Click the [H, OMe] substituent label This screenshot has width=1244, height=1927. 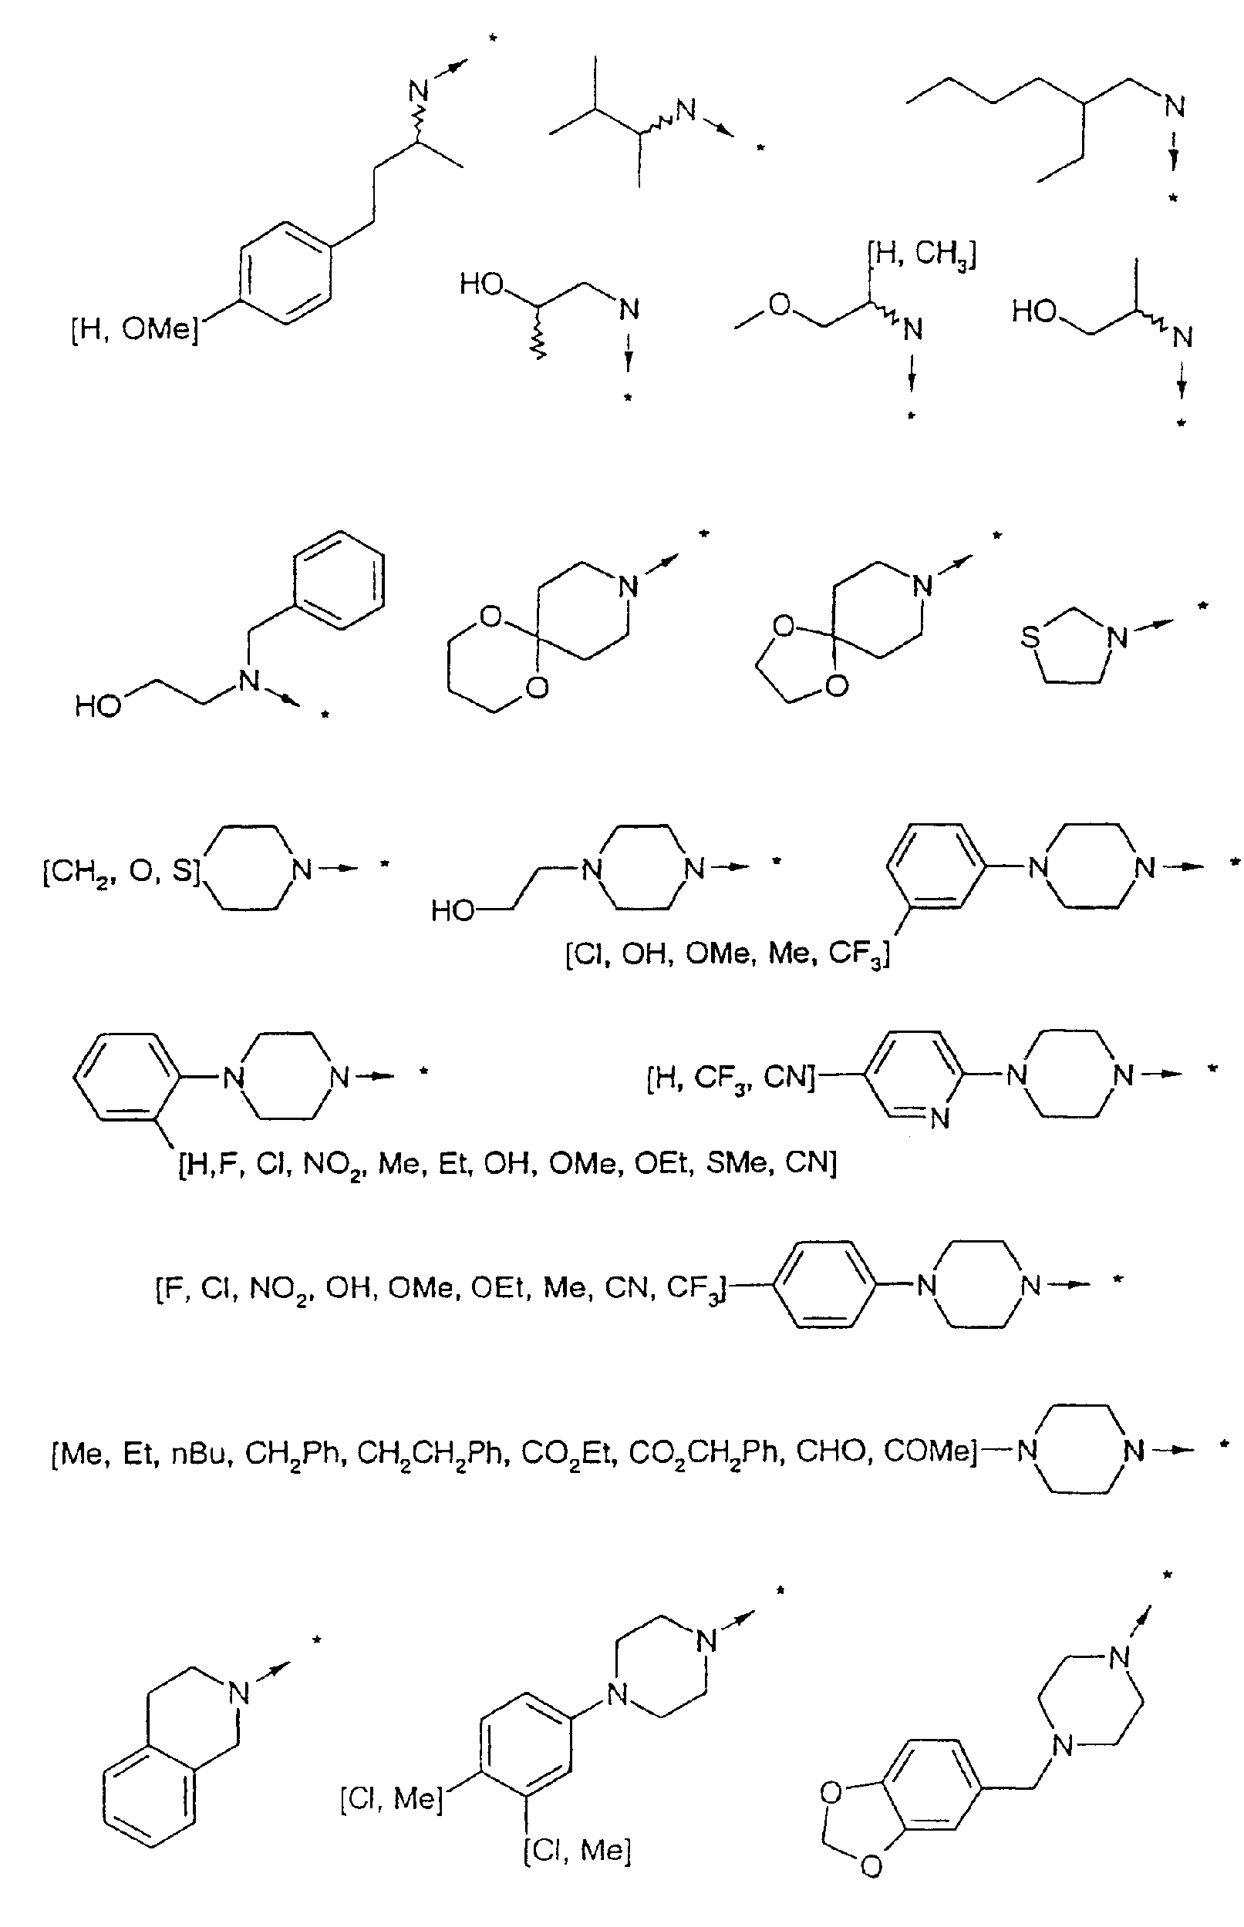point(135,330)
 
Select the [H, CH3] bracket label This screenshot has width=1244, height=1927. point(922,255)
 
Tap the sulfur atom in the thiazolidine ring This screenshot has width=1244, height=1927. point(1030,637)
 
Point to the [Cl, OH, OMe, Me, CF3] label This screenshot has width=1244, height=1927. point(728,955)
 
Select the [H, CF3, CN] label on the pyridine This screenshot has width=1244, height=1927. point(732,1078)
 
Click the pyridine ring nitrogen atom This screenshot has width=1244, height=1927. point(939,1119)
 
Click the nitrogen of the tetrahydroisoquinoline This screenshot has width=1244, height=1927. point(238,1693)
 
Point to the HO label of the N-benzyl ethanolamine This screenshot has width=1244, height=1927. point(98,706)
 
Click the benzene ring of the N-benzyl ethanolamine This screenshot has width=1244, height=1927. point(339,579)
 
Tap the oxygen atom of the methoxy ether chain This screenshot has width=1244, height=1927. point(780,306)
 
